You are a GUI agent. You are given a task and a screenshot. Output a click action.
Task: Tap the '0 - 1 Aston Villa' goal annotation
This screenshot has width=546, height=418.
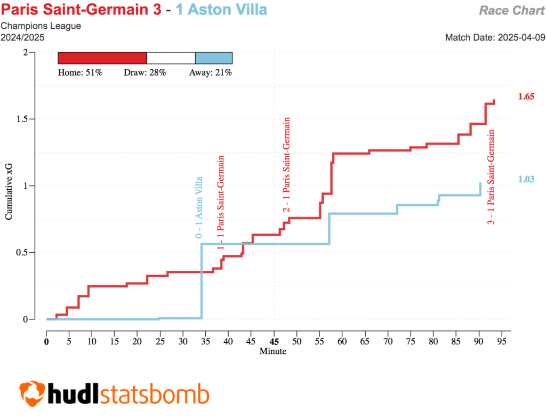198,207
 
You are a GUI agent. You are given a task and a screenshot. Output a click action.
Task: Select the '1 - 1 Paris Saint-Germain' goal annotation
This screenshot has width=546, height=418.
220,203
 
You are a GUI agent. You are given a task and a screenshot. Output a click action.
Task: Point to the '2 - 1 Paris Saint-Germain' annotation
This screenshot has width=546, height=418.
287,165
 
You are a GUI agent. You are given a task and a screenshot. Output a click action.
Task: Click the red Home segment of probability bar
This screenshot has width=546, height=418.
102,58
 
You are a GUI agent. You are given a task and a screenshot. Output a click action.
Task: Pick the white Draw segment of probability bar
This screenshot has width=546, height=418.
171,58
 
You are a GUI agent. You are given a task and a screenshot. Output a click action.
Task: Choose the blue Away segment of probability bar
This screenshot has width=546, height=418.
214,58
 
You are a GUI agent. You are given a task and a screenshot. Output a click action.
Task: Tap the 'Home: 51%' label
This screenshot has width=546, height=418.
80,73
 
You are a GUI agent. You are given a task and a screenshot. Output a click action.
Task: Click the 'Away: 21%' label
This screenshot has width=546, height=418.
211,73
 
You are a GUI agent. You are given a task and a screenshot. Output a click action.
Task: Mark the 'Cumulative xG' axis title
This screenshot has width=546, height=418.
9,186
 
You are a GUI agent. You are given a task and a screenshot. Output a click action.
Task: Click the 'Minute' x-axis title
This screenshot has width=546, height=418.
272,351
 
